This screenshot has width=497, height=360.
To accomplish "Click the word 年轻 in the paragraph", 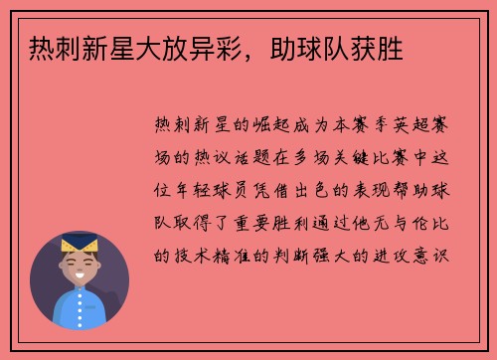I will (x=189, y=189).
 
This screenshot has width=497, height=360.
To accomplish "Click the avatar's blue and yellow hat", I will (x=79, y=243).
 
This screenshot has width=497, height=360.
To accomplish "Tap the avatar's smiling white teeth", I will (x=79, y=275).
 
